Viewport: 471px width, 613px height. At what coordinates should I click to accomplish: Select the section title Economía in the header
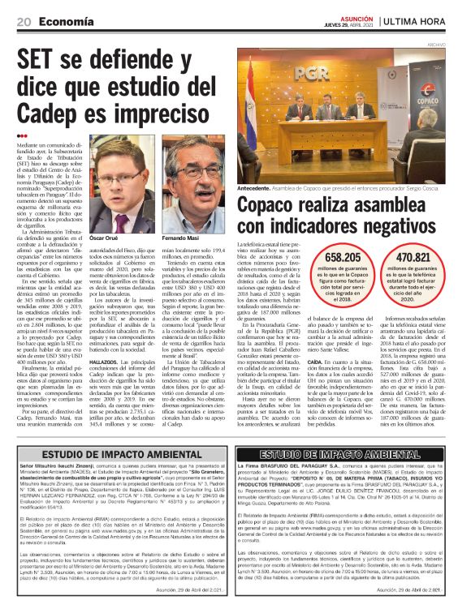click(x=67, y=20)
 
